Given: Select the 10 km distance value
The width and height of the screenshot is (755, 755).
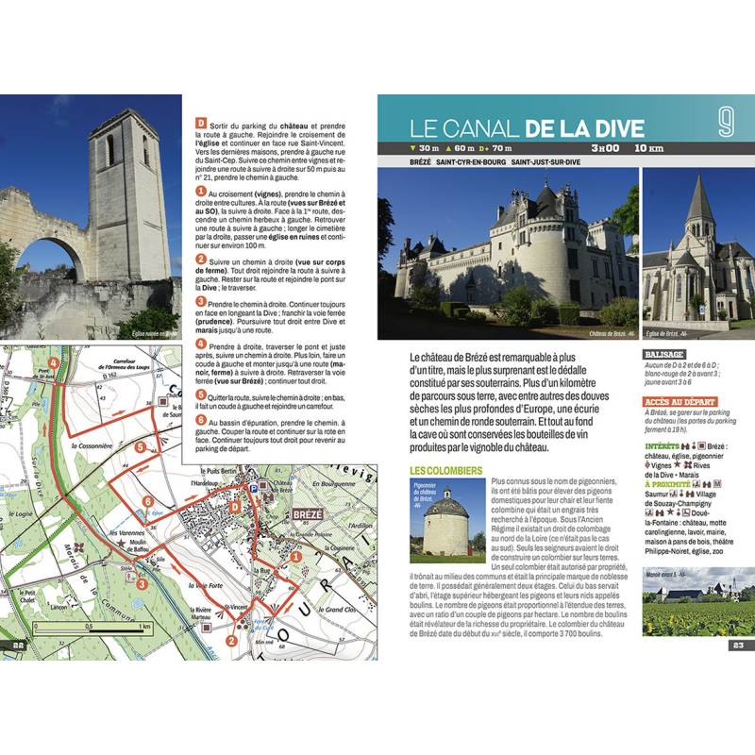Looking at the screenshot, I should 648,148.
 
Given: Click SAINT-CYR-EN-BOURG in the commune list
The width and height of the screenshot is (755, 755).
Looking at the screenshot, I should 468,162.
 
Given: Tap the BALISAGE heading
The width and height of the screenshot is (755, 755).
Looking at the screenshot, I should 659,356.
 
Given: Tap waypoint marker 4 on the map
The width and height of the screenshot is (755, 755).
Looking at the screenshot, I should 54,362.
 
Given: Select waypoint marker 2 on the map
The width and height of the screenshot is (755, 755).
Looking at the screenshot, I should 230,642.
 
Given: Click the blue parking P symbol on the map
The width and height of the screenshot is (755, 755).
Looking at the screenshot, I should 255,488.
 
